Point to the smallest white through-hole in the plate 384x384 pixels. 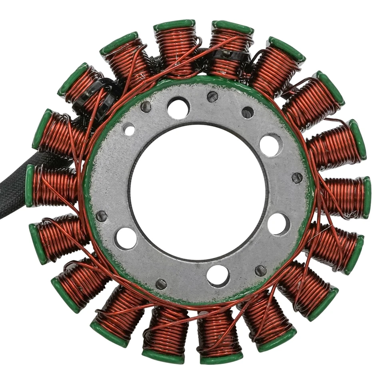pyautogui.click(x=129, y=129)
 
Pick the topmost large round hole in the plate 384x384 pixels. pyautogui.click(x=178, y=108)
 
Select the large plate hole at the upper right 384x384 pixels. pyautogui.click(x=271, y=145)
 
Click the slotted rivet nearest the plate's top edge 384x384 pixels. pyautogui.click(x=212, y=96)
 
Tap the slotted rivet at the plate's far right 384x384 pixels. pyautogui.click(x=297, y=178)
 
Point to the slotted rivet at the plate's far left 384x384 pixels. pyautogui.click(x=102, y=216)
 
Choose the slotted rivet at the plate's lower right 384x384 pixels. pyautogui.click(x=260, y=270)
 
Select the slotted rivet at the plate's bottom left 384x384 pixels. pyautogui.click(x=161, y=284)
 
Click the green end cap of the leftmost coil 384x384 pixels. pyautogui.click(x=30, y=186)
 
